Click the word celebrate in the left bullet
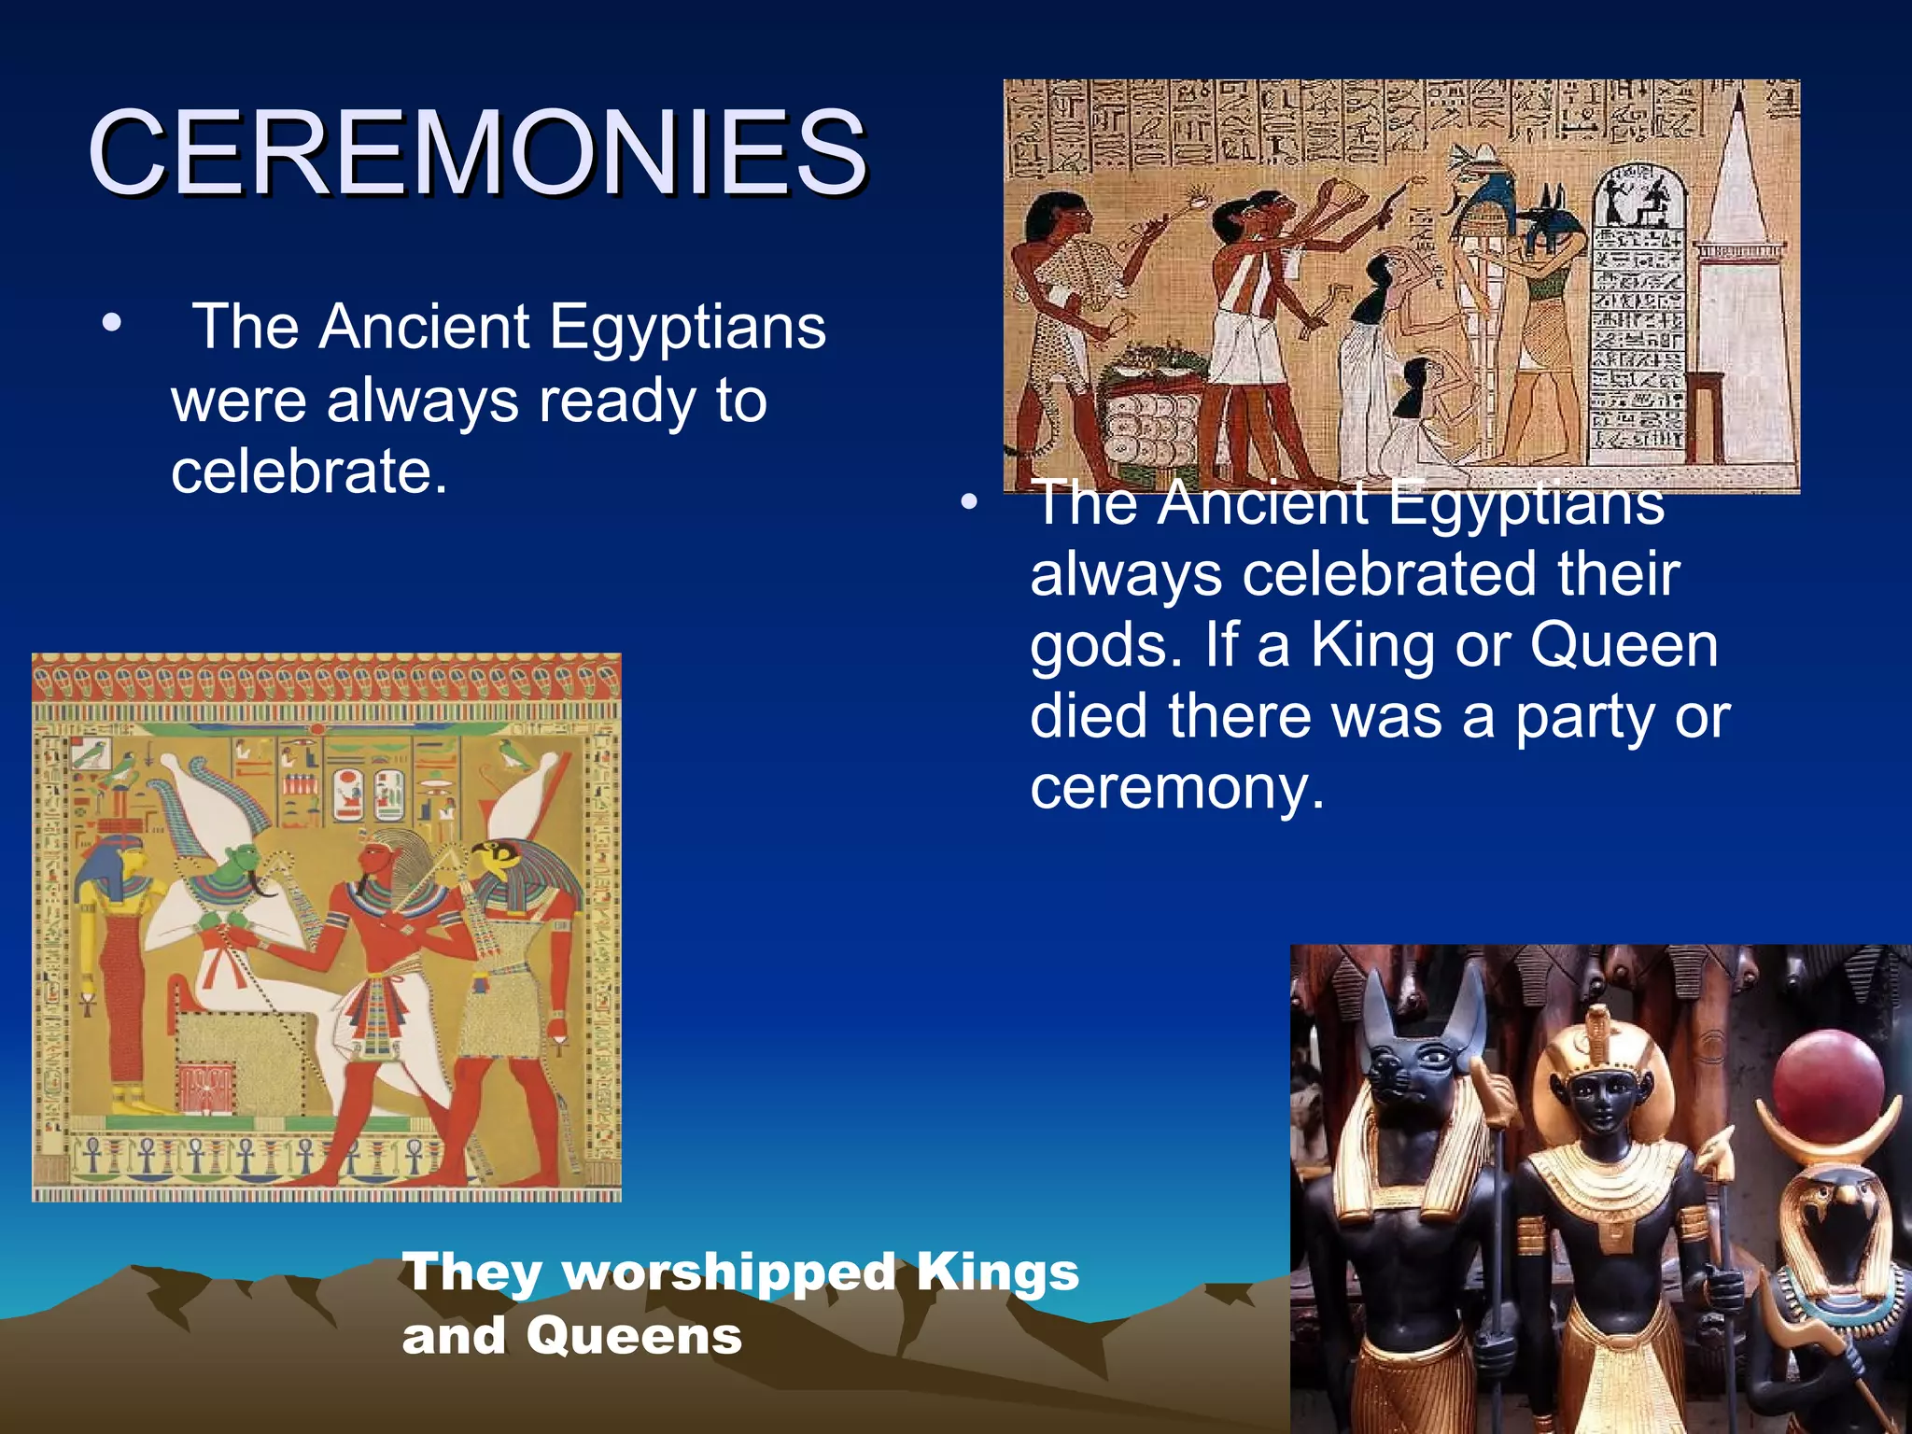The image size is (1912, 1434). point(308,471)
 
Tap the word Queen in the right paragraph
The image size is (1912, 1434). point(1624,645)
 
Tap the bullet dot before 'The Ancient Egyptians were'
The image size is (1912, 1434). point(112,325)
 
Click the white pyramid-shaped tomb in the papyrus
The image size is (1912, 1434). point(1742,280)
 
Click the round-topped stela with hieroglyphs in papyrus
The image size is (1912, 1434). point(1638,308)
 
